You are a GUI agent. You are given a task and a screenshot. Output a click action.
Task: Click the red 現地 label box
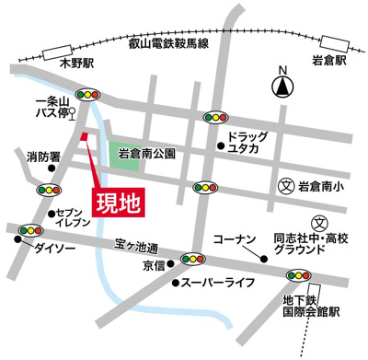tap(119, 201)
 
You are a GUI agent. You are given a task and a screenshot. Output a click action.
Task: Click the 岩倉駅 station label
tap(328, 61)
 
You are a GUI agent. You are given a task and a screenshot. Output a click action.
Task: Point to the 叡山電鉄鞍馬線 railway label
tap(169, 43)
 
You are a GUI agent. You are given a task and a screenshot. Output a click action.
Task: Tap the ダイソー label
tap(52, 249)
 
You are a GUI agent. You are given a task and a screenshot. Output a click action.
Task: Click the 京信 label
tap(153, 265)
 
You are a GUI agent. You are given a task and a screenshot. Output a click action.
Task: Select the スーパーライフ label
tap(217, 284)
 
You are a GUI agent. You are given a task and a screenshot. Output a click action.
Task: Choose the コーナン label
tap(233, 239)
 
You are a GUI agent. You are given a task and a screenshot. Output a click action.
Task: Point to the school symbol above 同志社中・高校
tap(319, 222)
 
